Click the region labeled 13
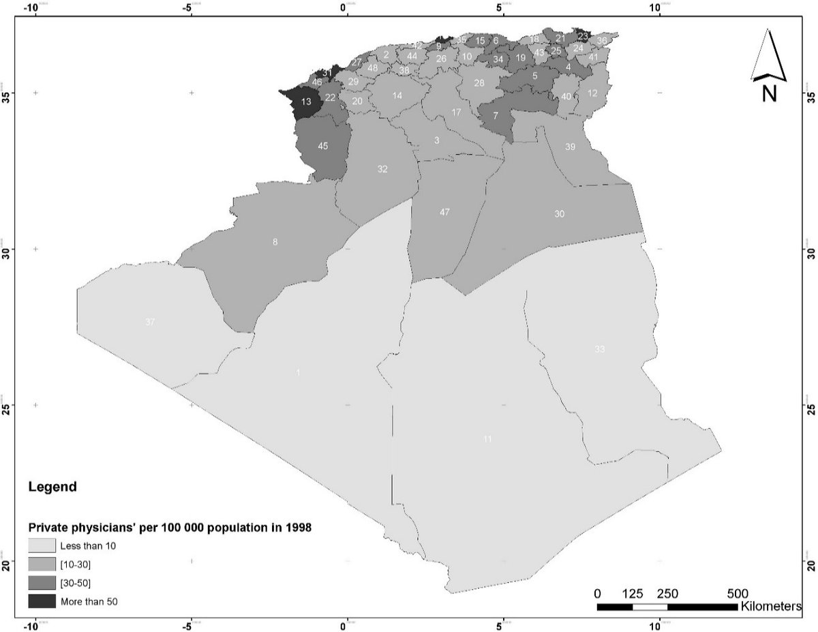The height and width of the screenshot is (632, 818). (x=307, y=102)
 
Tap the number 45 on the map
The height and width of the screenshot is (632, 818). (x=322, y=146)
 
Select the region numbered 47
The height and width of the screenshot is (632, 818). (x=444, y=212)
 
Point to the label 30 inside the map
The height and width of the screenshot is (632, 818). (x=559, y=214)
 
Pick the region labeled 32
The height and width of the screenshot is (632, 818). (x=382, y=169)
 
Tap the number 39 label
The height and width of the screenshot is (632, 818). (x=570, y=147)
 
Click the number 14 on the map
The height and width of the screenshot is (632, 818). (x=397, y=96)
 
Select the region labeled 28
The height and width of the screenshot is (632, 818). (x=479, y=83)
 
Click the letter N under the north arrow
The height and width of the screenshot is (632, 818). (x=769, y=93)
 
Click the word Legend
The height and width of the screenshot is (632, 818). (x=52, y=488)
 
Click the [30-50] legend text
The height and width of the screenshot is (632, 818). (x=76, y=582)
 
